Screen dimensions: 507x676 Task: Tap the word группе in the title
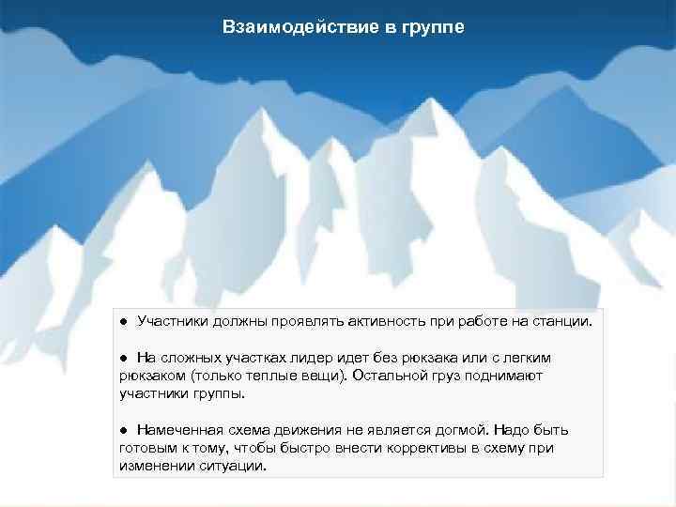(430, 27)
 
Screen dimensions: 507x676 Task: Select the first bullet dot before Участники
(123, 322)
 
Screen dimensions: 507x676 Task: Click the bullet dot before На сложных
(123, 358)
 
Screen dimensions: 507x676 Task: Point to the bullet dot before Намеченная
(123, 430)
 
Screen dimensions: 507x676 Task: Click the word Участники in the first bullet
(172, 322)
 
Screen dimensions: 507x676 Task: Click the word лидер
(317, 358)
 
